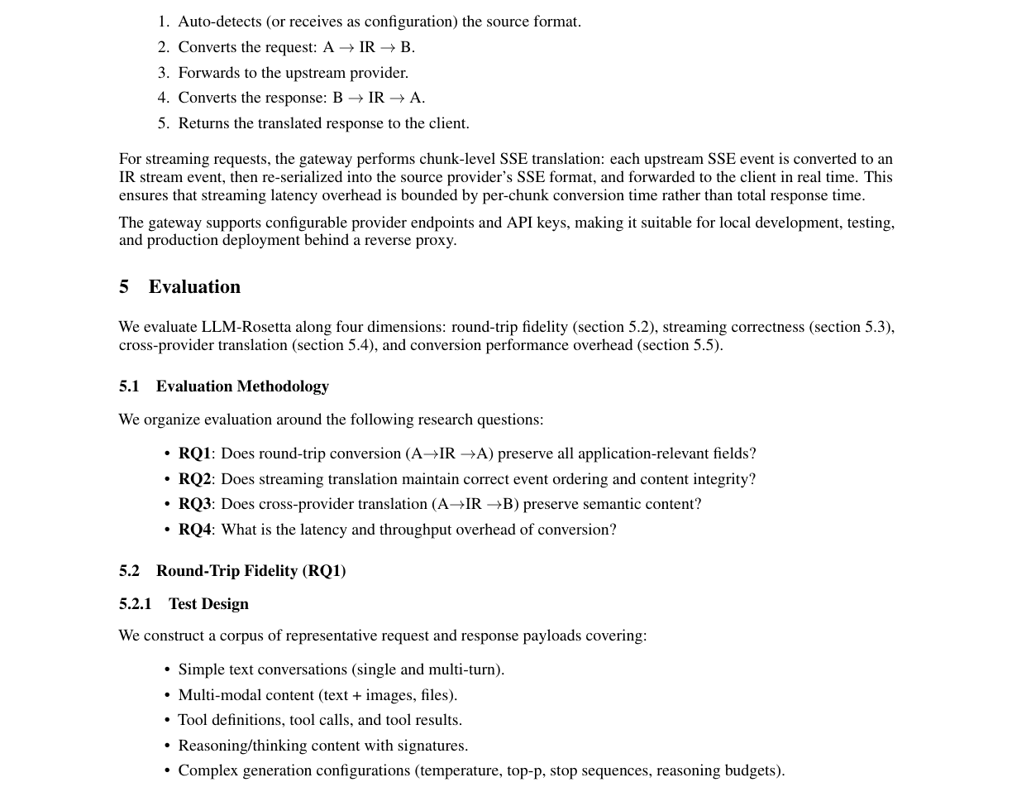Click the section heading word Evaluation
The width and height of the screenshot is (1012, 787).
click(x=194, y=287)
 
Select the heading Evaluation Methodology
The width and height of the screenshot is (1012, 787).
click(x=242, y=386)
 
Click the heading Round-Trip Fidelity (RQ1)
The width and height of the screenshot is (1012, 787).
click(x=251, y=571)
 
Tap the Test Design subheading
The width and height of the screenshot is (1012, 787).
click(x=208, y=604)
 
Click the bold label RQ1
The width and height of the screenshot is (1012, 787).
click(x=194, y=453)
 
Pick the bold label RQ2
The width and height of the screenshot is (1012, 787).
click(x=194, y=479)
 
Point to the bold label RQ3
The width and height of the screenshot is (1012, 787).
click(x=194, y=504)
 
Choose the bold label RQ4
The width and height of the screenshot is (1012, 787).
click(x=194, y=530)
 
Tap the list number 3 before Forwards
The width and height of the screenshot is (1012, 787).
click(x=163, y=73)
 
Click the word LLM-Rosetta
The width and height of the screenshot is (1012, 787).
click(x=246, y=327)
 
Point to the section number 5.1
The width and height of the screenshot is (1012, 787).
click(x=129, y=386)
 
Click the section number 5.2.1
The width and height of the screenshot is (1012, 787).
click(x=136, y=604)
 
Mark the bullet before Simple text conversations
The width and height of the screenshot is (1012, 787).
click(x=167, y=669)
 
